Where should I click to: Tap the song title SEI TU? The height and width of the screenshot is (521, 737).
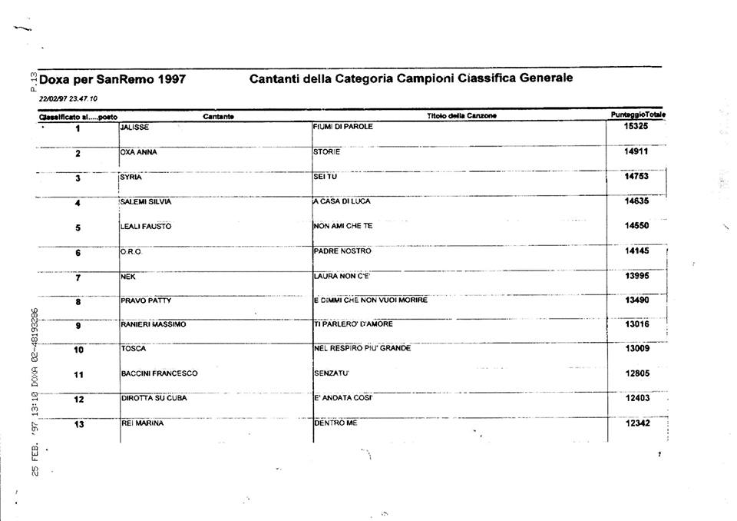326,177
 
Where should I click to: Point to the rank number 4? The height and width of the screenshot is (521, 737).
78,203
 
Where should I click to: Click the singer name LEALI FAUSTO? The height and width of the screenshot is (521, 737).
146,227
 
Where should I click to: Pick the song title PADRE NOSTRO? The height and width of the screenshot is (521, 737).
342,251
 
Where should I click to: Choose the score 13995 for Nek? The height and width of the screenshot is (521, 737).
637,276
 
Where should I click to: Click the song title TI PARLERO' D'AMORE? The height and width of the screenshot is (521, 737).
353,324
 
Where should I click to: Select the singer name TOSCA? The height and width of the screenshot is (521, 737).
133,349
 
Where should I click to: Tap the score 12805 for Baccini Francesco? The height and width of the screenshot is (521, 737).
637,374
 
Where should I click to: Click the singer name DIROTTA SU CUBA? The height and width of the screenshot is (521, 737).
154,398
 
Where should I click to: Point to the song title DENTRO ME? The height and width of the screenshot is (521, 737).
335,423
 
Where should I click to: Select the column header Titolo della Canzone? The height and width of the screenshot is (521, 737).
462,116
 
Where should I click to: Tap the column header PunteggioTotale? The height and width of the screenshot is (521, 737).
637,114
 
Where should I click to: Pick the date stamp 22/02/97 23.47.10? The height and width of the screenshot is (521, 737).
68,98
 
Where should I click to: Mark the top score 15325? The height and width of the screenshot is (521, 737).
637,126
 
